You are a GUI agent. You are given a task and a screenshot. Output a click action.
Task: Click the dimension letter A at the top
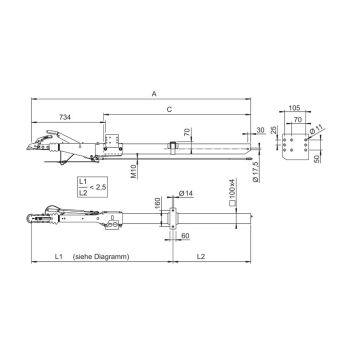(154, 93)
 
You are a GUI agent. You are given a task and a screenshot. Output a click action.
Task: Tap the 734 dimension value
(63, 117)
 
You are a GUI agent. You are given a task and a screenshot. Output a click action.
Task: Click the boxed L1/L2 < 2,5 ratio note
(93, 185)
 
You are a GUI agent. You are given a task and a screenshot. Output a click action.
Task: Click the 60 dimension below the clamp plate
(185, 238)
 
